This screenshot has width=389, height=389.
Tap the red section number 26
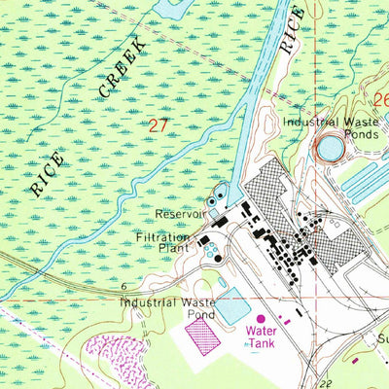click(x=380, y=100)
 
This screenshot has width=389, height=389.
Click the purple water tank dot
click(x=260, y=318)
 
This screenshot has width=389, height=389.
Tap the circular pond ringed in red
click(x=330, y=149)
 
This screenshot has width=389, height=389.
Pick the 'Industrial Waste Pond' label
click(x=167, y=308)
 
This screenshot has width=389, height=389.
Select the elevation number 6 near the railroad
click(x=125, y=287)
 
